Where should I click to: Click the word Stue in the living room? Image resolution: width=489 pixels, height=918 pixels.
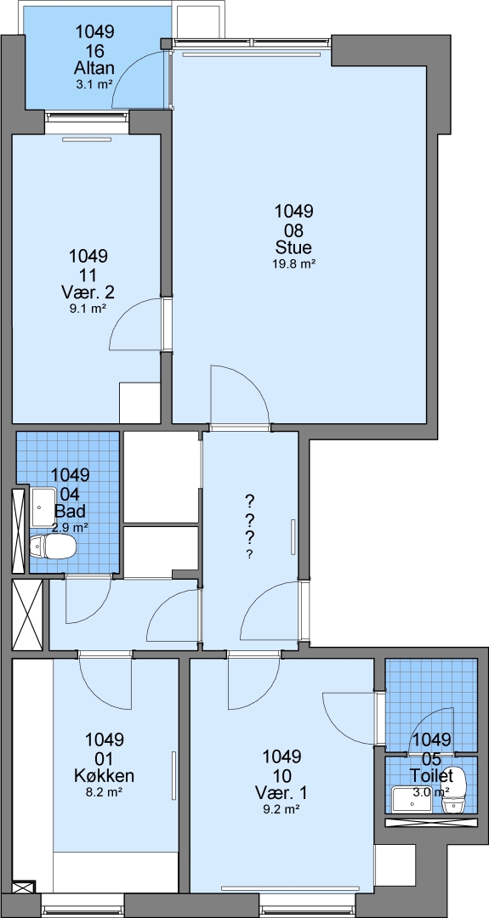(293, 247)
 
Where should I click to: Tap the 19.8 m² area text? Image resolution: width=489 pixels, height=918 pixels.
(293, 264)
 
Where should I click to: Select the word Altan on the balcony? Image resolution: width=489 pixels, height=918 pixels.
(94, 68)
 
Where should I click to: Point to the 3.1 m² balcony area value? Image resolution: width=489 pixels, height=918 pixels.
(94, 84)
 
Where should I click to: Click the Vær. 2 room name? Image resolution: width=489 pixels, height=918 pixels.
(88, 292)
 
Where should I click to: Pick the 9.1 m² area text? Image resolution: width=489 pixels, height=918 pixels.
(88, 309)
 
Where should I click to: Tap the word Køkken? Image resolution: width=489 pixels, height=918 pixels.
(105, 776)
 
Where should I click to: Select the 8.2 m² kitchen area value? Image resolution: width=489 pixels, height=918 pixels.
(105, 793)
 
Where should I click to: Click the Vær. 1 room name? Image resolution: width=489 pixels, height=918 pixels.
(281, 793)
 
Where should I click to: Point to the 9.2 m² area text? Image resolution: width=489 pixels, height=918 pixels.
(281, 810)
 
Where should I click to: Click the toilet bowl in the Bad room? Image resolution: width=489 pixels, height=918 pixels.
(53, 547)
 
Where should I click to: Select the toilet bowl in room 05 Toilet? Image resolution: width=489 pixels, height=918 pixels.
(454, 790)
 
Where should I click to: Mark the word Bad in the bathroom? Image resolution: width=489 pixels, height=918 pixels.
(70, 511)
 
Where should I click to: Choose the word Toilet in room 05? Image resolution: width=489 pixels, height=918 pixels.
(432, 776)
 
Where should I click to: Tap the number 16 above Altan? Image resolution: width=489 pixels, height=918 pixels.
(94, 50)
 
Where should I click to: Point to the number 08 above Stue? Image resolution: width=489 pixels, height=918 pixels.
(293, 229)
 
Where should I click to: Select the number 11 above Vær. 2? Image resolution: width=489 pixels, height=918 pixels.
(88, 274)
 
